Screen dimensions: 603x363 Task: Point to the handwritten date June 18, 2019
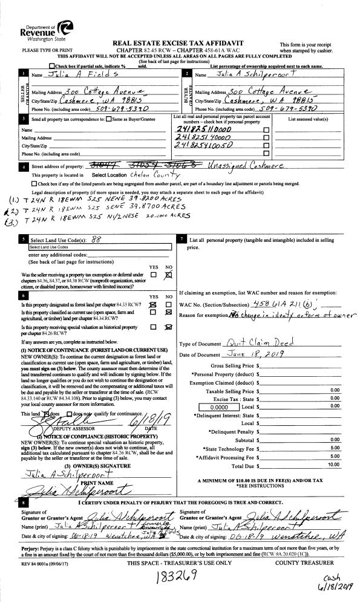click(x=250, y=355)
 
